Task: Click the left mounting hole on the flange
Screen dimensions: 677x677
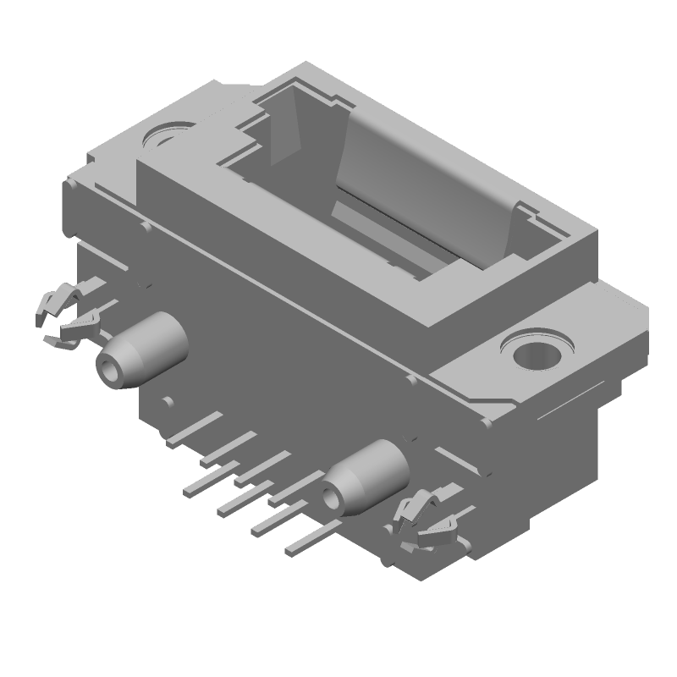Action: point(162,135)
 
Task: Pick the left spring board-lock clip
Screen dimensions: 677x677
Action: point(68,317)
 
